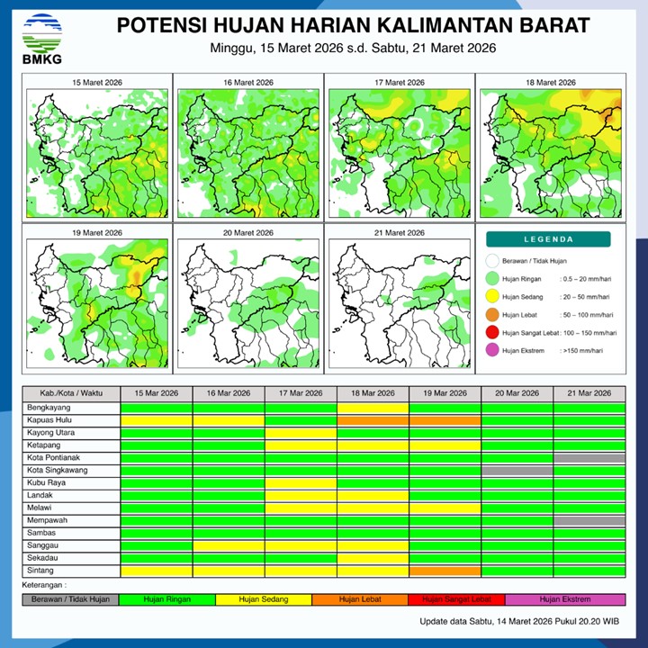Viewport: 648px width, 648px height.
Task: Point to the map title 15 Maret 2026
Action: [x=97, y=83]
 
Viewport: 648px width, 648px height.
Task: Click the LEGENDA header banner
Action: [x=548, y=239]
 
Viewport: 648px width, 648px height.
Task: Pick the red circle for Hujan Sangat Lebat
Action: [x=491, y=333]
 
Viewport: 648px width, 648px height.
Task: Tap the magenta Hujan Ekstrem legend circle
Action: [x=491, y=350]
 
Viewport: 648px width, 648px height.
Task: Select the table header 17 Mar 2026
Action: [x=301, y=393]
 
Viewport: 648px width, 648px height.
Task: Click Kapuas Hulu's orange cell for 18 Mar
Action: [x=373, y=420]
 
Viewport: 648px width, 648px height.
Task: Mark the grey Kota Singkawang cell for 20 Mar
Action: [x=517, y=471]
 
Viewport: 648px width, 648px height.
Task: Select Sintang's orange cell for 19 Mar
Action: [x=445, y=571]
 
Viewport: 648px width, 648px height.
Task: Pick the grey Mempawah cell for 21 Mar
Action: [x=589, y=521]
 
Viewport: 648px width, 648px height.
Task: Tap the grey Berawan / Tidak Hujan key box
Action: [x=71, y=598]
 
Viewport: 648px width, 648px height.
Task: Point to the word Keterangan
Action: [x=48, y=585]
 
